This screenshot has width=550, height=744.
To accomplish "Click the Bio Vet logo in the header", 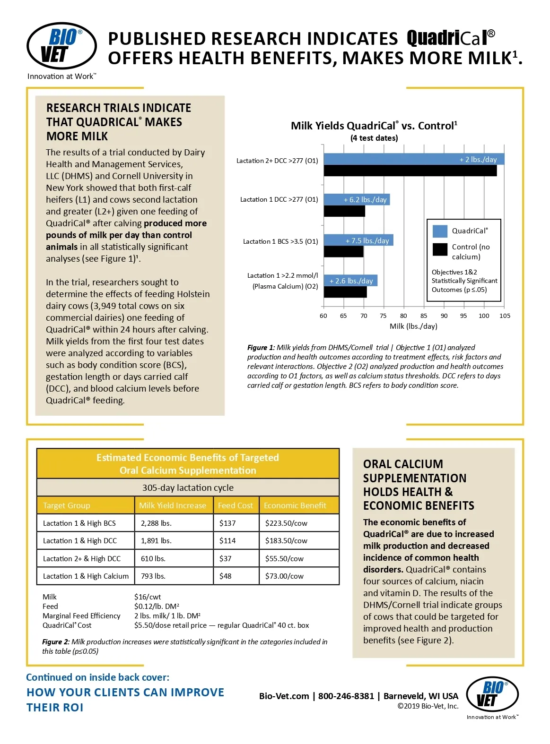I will point(61,46).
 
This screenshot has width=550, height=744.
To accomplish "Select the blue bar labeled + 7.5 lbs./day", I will point(358,240).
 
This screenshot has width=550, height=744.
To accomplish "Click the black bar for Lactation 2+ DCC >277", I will point(410,171).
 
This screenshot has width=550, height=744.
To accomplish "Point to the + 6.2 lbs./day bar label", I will point(365,200).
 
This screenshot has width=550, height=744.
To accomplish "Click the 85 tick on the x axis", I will point(424,316).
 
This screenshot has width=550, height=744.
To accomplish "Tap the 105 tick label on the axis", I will point(505,316).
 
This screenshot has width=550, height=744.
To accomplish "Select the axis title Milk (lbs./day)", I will point(413,326).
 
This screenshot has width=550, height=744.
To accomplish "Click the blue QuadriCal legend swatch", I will point(440,231).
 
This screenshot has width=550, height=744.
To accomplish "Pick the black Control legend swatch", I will point(440,249).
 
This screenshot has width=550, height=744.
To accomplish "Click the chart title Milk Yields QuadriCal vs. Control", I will point(374,126).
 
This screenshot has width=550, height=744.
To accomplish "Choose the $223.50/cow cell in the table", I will point(286,523).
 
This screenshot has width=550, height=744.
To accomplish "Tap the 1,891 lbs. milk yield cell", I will point(156,541).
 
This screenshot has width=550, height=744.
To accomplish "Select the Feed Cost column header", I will point(236,505).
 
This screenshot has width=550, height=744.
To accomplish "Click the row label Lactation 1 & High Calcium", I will point(86,576).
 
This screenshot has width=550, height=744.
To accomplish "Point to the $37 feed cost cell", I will point(226,559).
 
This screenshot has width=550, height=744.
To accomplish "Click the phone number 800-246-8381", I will point(346,696).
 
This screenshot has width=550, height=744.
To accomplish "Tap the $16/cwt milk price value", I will point(148,597).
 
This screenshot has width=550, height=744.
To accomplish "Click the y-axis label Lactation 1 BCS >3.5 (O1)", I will point(280,241).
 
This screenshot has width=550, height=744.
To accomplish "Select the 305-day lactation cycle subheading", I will point(188,488).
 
